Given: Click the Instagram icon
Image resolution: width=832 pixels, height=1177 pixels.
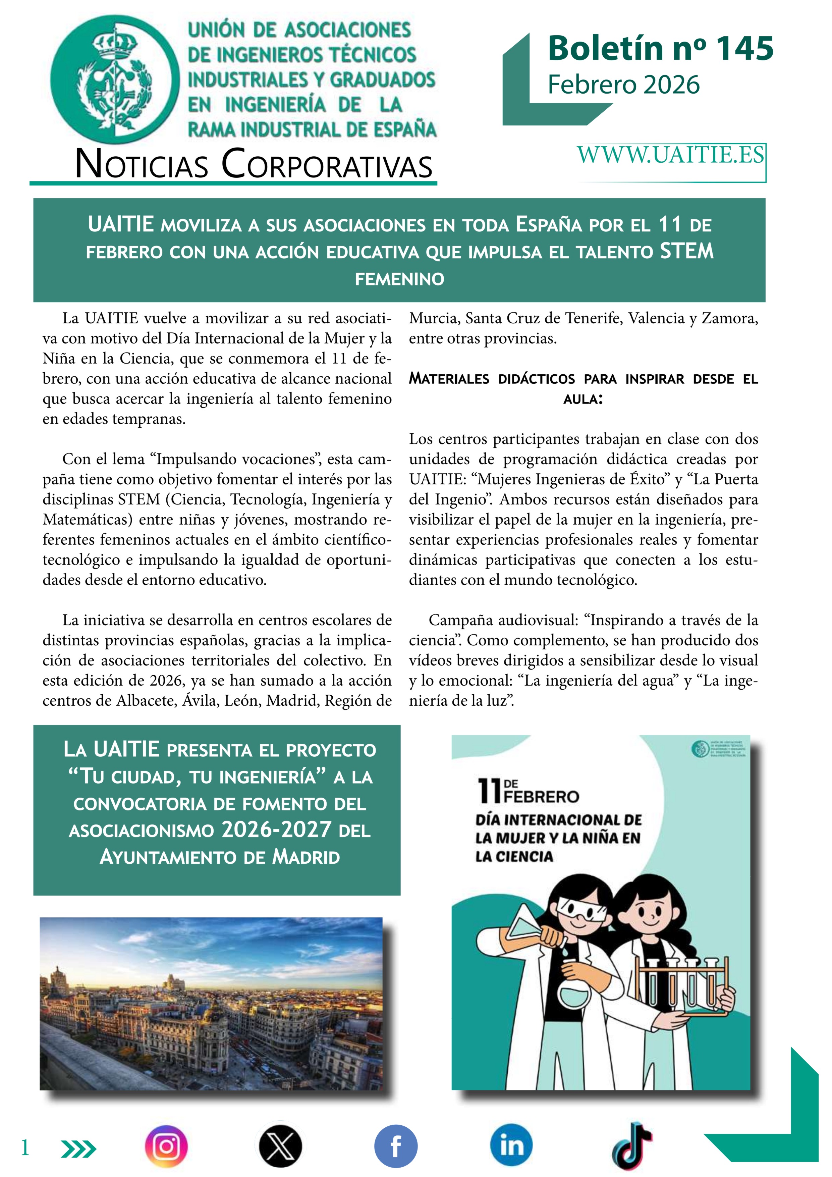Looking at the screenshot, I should [x=166, y=1146].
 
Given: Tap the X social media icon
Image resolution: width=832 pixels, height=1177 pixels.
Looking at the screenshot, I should [x=280, y=1146].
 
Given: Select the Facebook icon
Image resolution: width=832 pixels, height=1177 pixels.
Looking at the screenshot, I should [x=396, y=1146].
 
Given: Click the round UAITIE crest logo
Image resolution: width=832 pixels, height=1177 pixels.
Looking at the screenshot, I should [x=115, y=79].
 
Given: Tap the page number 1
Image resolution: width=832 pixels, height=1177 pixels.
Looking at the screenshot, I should [x=24, y=1147].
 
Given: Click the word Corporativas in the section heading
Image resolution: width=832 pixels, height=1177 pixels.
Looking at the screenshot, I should [x=327, y=165].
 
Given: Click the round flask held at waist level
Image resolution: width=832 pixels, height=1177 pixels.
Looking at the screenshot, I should [x=573, y=995].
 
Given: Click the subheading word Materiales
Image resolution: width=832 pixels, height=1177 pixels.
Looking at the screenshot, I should [x=449, y=379].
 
